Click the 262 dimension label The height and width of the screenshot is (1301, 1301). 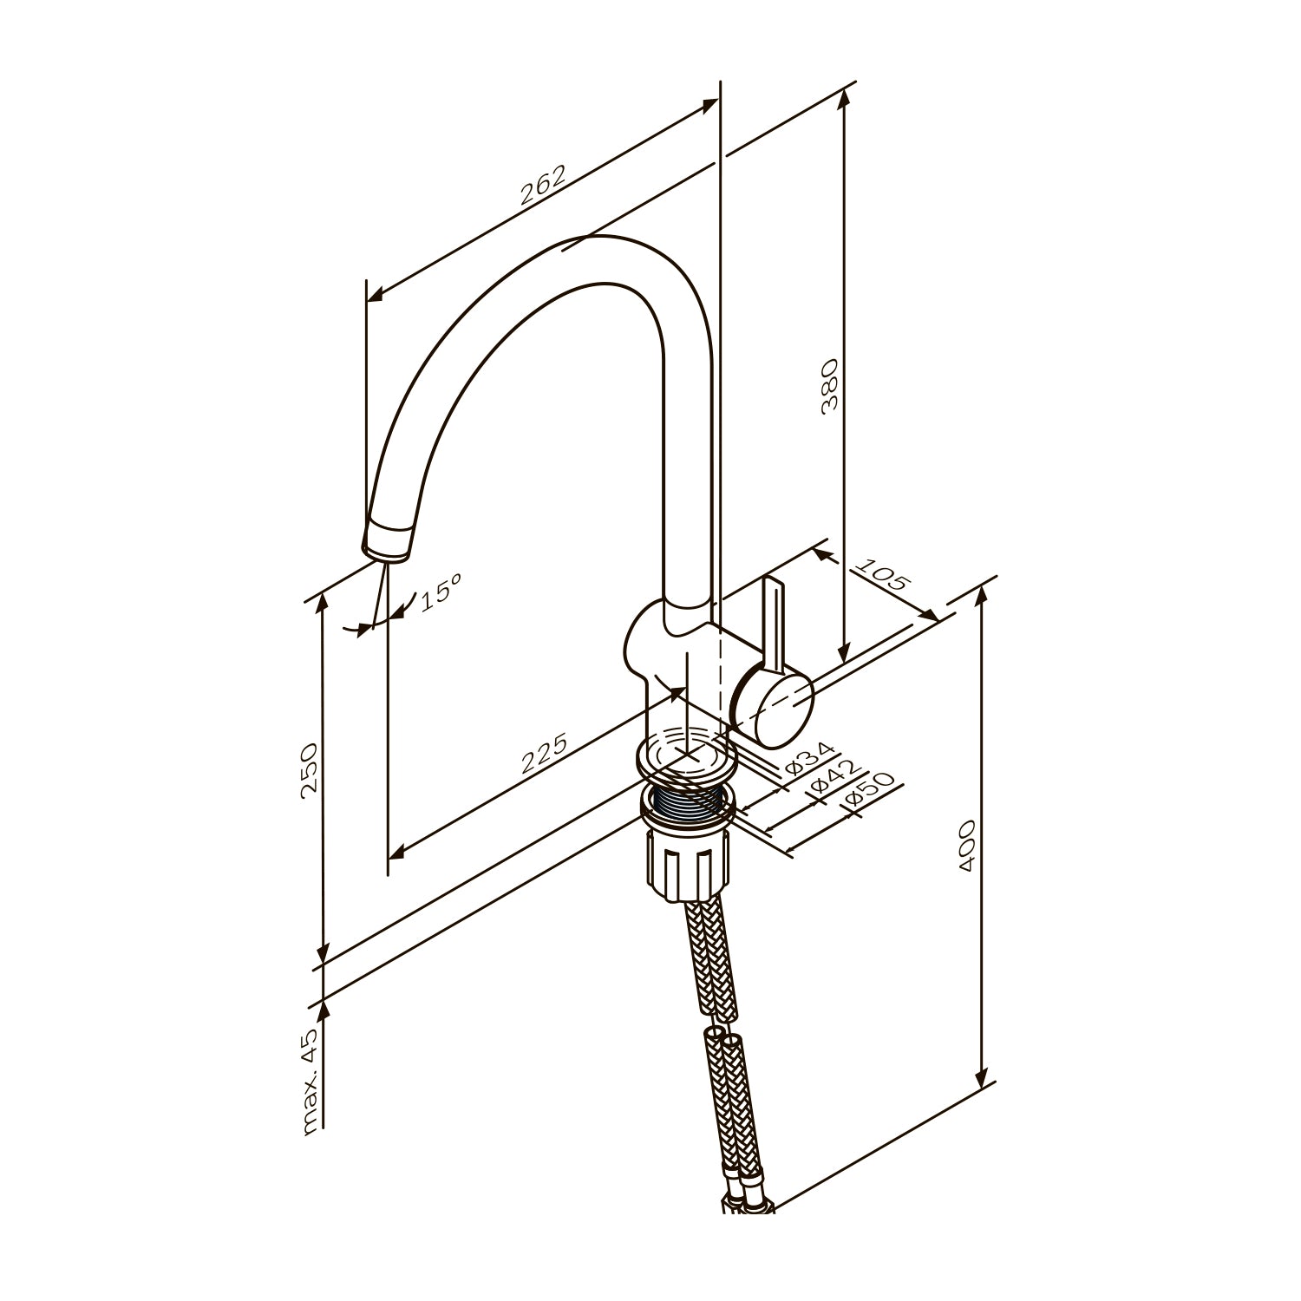point(542,185)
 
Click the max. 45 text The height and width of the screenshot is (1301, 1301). point(311,1081)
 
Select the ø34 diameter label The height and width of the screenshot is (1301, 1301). point(808,759)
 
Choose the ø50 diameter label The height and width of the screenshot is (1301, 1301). point(866,796)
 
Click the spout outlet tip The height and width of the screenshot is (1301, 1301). point(384,547)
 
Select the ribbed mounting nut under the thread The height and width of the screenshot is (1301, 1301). point(684,864)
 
